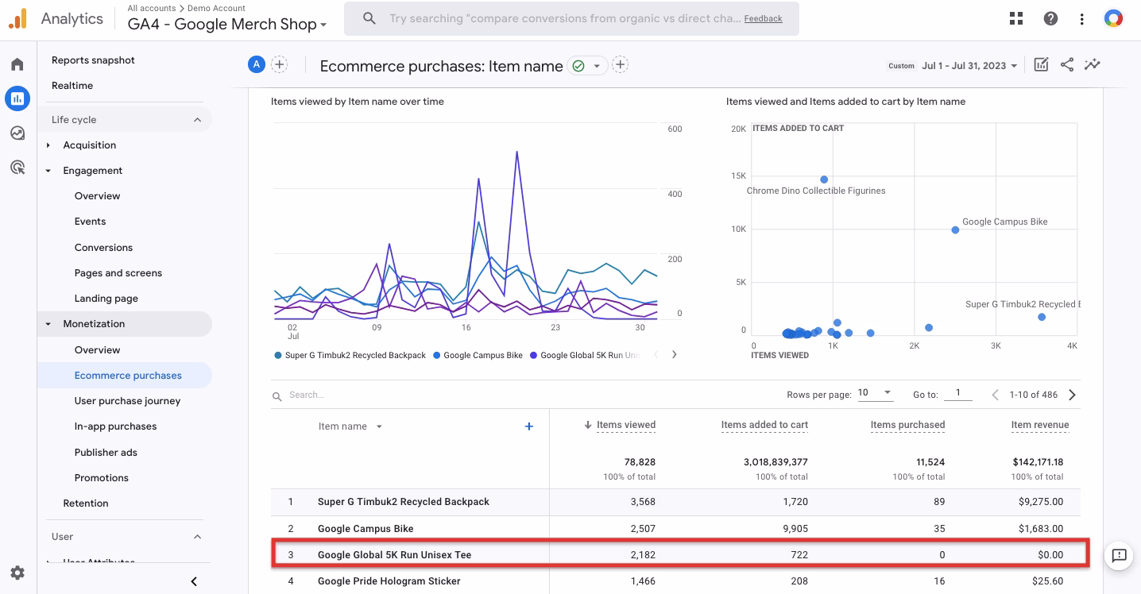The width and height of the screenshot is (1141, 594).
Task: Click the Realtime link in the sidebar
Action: pos(72,86)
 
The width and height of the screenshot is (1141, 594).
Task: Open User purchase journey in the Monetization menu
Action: pos(127,401)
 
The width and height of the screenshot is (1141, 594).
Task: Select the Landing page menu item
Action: pos(106,299)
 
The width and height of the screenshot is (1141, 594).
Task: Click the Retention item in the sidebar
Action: pos(86,503)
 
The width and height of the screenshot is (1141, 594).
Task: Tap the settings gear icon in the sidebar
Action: pos(17,573)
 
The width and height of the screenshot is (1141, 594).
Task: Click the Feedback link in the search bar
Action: pos(763,18)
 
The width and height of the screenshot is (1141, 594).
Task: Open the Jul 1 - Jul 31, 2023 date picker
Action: pos(969,66)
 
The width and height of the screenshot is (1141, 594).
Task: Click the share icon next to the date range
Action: pos(1067,65)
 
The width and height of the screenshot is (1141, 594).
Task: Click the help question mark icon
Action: pos(1050,18)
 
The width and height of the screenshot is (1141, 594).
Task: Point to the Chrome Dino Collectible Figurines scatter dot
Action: pos(824,179)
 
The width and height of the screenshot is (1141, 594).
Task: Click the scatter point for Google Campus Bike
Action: pos(955,230)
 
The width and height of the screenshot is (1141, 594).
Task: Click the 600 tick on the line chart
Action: pos(675,129)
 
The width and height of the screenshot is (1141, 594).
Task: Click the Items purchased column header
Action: pos(907,425)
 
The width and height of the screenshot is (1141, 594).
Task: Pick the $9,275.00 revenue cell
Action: pos(1039,502)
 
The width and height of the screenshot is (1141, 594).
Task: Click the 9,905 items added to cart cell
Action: pos(791,529)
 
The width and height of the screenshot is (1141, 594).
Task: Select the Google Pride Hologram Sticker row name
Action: pos(389,581)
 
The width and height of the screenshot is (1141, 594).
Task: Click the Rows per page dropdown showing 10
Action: pos(875,393)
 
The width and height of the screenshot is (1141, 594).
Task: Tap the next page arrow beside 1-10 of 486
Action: pos(1072,395)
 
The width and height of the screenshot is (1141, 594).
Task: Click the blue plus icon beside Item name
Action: pos(529,426)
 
